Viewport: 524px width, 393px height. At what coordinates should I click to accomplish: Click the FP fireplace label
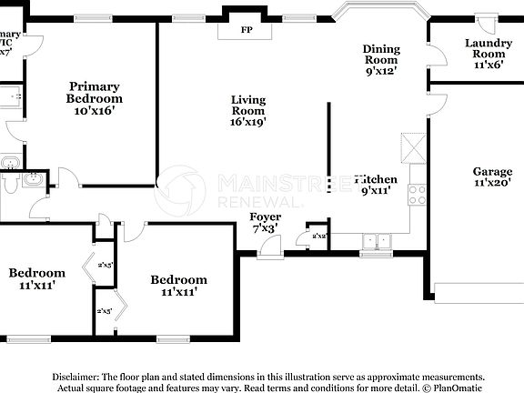coord(246,30)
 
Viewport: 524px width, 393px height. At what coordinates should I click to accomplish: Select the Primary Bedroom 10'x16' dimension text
coord(95,110)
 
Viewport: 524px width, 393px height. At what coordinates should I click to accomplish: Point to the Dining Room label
coord(381,49)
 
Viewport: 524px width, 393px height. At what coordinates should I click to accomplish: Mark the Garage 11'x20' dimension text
coord(492,183)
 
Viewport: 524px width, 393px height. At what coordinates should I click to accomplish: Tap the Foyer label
coord(266,217)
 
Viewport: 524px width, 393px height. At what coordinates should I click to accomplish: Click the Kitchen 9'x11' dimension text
coord(377,192)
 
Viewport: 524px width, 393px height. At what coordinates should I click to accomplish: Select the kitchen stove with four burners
coord(418,193)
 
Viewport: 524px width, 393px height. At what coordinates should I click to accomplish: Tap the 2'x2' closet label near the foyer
coord(319,236)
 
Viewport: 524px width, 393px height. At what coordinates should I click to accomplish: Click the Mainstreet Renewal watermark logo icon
coord(180,191)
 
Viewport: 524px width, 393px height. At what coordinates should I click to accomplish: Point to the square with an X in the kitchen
coord(413,146)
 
